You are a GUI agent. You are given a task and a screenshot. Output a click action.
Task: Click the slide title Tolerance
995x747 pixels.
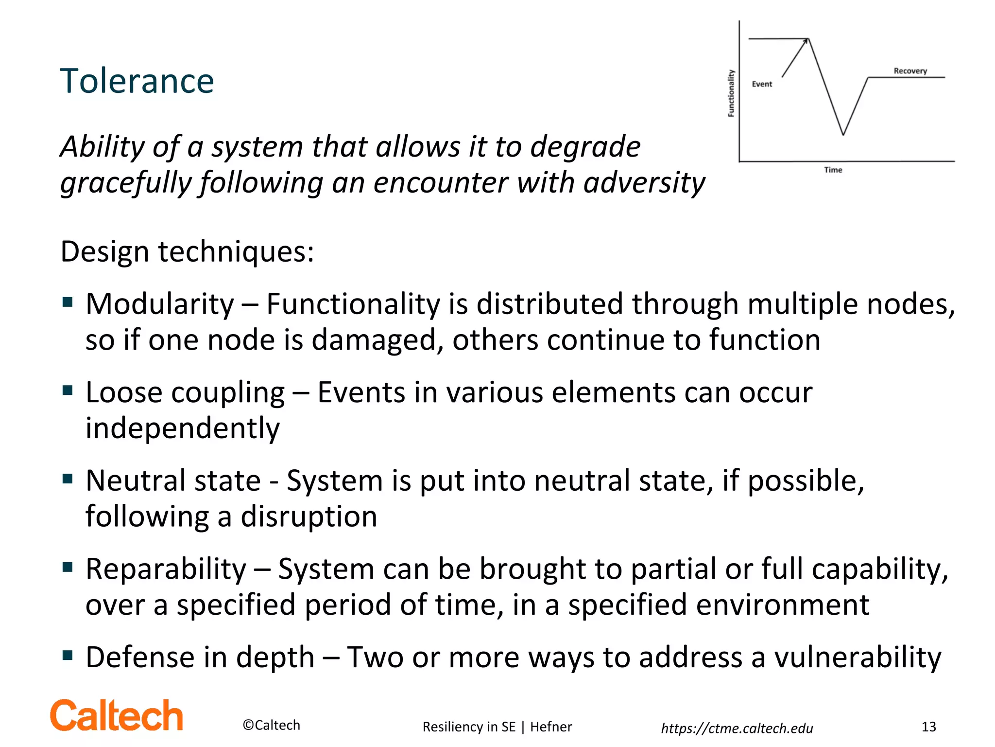[137, 81]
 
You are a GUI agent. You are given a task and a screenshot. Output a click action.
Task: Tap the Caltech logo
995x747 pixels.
[117, 716]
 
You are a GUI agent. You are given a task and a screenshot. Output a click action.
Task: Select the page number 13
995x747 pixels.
[928, 727]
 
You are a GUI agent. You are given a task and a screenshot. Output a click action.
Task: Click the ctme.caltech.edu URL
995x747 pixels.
[737, 728]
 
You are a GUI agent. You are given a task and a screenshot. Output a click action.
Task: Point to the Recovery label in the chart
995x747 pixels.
[910, 71]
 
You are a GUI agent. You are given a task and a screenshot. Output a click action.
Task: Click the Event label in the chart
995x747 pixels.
[762, 84]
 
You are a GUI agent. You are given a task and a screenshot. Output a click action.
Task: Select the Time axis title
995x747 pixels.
[833, 170]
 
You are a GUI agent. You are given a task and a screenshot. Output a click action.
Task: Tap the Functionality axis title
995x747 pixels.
[731, 93]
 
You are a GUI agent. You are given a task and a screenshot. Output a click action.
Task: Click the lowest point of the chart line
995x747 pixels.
[843, 134]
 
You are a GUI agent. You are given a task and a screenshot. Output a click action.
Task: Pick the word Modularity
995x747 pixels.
[160, 304]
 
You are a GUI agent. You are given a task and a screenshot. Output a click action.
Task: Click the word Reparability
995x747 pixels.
[166, 569]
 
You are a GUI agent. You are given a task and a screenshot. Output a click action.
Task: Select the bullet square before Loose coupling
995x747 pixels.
[68, 390]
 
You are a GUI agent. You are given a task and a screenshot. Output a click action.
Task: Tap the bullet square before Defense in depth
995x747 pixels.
[68, 655]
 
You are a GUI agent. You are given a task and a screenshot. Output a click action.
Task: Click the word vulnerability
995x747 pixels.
[858, 658]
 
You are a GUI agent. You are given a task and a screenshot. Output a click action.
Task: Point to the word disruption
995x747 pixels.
[309, 516]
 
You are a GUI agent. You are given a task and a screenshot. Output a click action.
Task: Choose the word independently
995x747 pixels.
[183, 428]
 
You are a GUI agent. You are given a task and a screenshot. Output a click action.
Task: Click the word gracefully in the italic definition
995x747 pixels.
[126, 183]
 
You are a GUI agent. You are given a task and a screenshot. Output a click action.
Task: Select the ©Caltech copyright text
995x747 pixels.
[272, 725]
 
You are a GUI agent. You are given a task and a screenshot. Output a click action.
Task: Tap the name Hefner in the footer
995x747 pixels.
[551, 727]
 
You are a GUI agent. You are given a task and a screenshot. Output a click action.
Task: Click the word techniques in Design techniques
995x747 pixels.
[236, 252]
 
